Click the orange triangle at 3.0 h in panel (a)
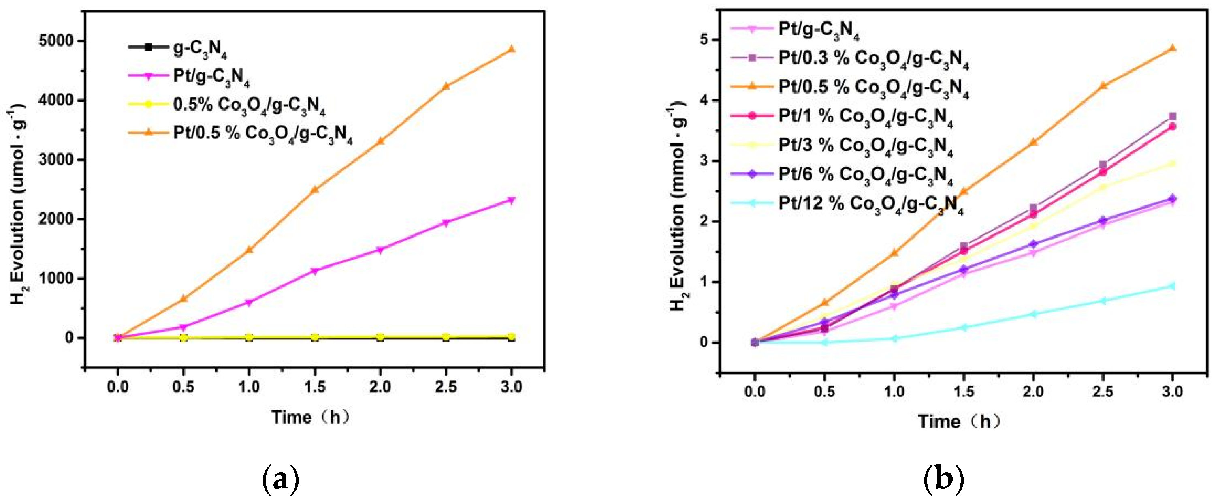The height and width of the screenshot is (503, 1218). pos(511,49)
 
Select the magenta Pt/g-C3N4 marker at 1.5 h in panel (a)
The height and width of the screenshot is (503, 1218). pos(315,271)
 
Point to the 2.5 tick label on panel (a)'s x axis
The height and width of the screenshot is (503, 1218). pos(446,387)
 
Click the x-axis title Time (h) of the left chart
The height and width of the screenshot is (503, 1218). pos(311,417)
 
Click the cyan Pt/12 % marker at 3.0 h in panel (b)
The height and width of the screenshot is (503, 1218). pos(1172,286)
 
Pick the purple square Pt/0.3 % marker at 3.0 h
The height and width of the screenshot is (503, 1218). pos(1172,116)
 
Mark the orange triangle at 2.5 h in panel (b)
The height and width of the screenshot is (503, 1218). pos(1103,86)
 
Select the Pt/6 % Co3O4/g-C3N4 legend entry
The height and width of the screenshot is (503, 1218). pos(865,175)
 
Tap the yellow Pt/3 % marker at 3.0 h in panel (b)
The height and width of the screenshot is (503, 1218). pos(1172,164)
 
